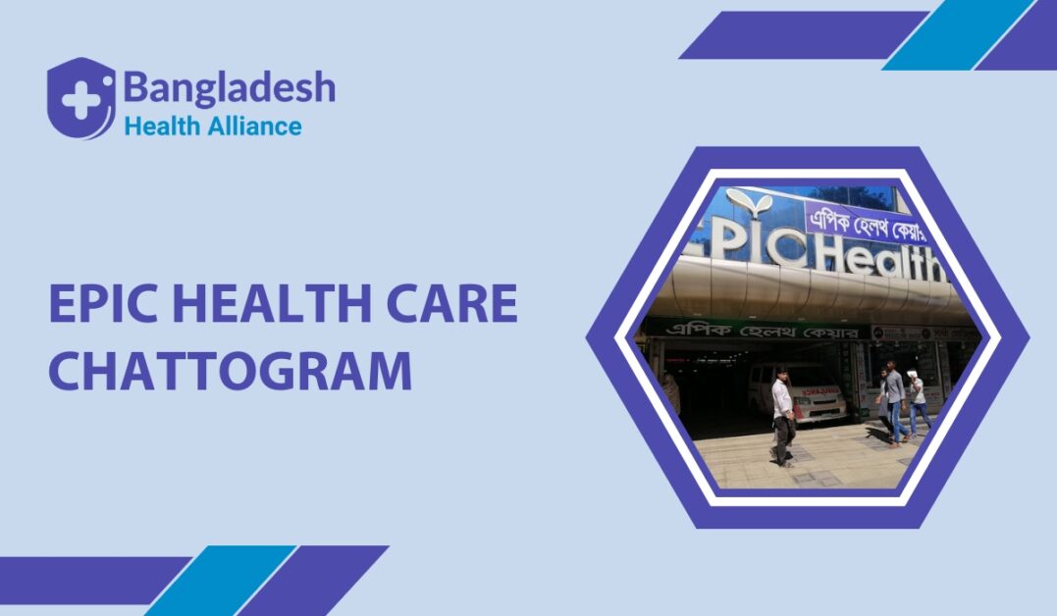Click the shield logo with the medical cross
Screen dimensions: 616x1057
(80, 98)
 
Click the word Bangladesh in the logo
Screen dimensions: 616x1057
(229, 88)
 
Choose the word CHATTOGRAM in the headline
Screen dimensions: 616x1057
(230, 372)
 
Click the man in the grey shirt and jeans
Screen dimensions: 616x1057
(892, 402)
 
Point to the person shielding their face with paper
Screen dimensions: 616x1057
(917, 403)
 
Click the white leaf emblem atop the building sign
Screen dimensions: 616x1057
(750, 205)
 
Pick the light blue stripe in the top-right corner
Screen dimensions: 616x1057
(957, 35)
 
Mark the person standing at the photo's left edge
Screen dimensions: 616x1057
(672, 391)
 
